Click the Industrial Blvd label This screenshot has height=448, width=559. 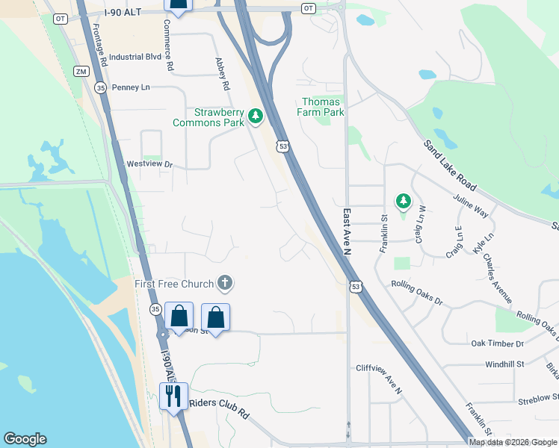135,57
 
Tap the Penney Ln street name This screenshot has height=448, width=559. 131,87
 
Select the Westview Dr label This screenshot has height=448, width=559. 149,164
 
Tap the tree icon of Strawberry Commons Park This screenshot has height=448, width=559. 256,116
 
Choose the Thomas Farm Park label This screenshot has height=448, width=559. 323,107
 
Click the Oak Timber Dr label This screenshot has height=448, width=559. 498,343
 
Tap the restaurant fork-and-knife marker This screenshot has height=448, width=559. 173,395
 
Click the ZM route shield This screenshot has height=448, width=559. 81,71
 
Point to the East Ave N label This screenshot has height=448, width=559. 347,231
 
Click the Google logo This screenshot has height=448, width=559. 25,439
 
